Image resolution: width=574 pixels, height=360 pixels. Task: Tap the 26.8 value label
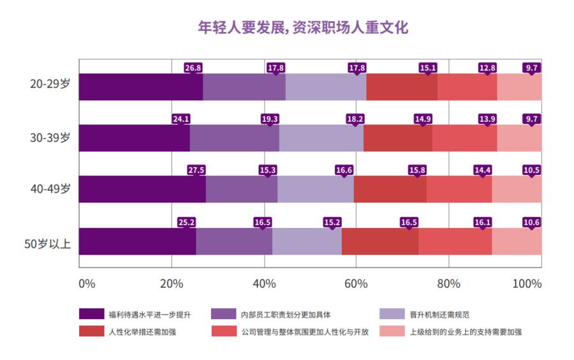193,67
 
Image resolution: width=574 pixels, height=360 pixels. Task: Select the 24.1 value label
181,119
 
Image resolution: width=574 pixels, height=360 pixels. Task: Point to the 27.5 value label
196,170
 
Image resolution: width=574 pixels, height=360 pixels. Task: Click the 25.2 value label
186,222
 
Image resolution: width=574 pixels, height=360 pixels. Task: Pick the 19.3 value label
270,119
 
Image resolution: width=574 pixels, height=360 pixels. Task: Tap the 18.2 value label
355,119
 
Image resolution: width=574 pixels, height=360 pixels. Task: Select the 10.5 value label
531,170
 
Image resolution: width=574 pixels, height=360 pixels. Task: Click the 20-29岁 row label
50,84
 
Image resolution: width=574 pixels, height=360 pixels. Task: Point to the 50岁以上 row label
47,243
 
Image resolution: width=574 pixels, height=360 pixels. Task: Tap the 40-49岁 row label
50,190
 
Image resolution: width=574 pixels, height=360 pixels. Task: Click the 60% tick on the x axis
357,283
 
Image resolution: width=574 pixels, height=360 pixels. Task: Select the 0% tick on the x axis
86,283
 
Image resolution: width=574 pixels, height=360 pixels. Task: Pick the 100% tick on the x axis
527,283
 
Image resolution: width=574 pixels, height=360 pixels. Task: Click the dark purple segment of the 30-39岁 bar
134,139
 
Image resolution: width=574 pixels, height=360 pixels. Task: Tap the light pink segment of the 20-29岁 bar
519,87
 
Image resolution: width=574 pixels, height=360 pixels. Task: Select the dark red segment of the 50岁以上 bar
380,241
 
